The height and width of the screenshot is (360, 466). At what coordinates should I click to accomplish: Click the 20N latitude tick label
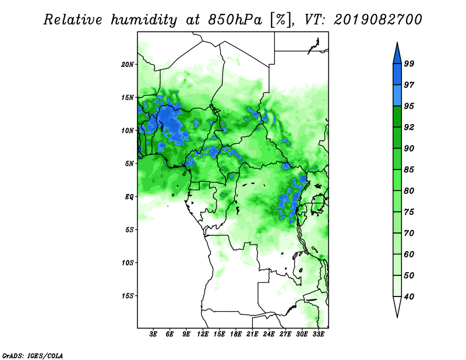(128, 65)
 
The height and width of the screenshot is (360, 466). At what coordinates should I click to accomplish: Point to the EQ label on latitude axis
(129, 197)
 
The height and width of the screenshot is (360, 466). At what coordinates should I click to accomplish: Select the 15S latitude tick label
(128, 296)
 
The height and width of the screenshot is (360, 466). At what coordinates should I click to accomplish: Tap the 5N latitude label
(129, 164)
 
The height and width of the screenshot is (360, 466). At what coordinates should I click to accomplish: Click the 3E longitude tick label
(153, 334)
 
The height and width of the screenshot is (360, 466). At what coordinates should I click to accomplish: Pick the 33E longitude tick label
(318, 334)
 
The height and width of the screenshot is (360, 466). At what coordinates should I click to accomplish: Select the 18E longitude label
(236, 334)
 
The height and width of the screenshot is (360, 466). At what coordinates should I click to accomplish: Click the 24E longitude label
(269, 334)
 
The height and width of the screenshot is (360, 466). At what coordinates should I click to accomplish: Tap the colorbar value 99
(409, 63)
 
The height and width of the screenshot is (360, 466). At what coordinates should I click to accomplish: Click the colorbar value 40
(409, 297)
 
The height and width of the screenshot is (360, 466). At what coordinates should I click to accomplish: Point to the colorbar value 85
(409, 170)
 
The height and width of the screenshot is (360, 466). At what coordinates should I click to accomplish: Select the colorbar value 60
(409, 254)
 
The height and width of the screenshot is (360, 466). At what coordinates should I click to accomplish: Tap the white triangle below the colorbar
(397, 305)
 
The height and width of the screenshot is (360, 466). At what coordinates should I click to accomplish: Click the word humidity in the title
(143, 20)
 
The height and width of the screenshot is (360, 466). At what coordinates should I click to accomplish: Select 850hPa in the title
(235, 20)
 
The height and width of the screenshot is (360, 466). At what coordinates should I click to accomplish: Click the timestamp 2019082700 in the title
(377, 20)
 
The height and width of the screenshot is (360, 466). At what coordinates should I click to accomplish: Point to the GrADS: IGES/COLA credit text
(33, 355)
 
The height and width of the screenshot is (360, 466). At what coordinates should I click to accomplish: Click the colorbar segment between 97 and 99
(397, 75)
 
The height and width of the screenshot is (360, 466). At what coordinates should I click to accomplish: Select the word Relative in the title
(73, 20)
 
